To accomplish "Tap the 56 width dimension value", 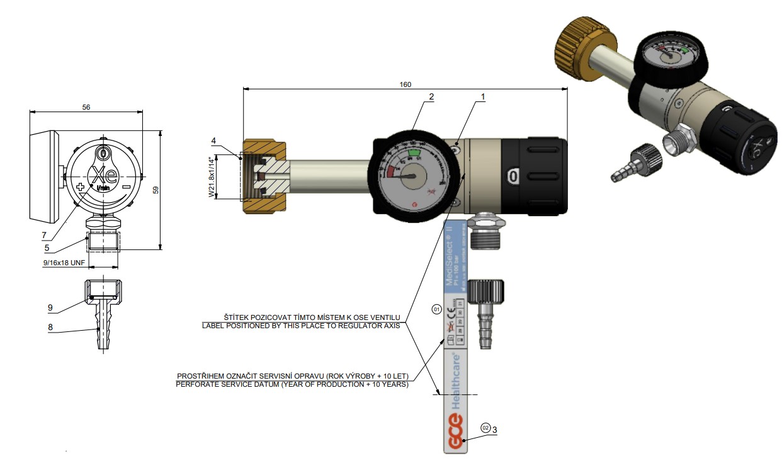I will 86,107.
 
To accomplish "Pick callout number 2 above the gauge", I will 431,97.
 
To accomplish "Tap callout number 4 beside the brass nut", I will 213,140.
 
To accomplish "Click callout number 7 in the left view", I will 44,235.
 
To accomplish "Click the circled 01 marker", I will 436,309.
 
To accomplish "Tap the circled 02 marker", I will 485,427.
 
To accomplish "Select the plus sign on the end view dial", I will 81,188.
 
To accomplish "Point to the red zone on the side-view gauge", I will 391,171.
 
